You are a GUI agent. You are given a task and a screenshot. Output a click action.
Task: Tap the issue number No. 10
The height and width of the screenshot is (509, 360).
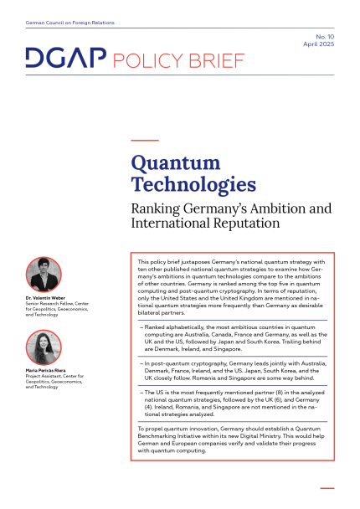322,39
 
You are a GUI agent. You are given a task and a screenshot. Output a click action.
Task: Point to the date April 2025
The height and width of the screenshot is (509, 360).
316,47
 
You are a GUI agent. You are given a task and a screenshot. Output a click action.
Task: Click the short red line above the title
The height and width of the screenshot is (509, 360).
145,140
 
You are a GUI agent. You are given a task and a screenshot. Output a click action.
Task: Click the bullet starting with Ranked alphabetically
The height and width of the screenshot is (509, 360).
233,337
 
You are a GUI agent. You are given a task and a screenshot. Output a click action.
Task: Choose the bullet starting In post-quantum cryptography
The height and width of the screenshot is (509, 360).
233,371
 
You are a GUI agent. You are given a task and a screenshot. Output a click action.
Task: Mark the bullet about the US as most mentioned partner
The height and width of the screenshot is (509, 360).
233,404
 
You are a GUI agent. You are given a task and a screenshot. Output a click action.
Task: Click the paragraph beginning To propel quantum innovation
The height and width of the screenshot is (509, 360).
233,439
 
